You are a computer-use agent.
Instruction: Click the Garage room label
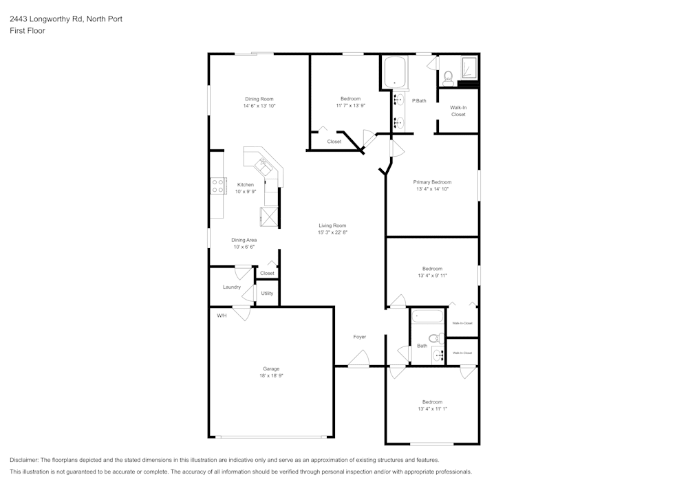tap(270, 369)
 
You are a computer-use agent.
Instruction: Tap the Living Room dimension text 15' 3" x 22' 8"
tap(332, 233)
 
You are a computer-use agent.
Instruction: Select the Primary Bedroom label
tap(432, 182)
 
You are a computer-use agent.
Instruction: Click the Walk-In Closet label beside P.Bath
tap(458, 111)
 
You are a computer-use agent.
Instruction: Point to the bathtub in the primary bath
tap(395, 72)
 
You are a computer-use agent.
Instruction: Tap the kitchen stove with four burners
tap(218, 186)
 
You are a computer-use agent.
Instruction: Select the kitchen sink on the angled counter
tap(263, 165)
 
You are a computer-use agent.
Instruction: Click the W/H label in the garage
tap(222, 316)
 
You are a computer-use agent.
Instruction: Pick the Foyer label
tap(359, 337)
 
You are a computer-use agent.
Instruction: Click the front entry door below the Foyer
tap(358, 360)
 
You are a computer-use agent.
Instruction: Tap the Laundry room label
tap(232, 287)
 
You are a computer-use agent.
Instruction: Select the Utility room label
tap(267, 294)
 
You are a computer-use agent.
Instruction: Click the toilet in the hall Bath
tap(435, 338)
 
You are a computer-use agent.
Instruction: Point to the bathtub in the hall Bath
tap(428, 318)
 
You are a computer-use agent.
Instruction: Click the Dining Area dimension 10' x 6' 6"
tap(244, 247)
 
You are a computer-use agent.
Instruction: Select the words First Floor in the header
tap(28, 31)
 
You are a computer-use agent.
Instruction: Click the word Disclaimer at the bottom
tap(24, 460)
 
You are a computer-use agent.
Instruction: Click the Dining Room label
tap(259, 99)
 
